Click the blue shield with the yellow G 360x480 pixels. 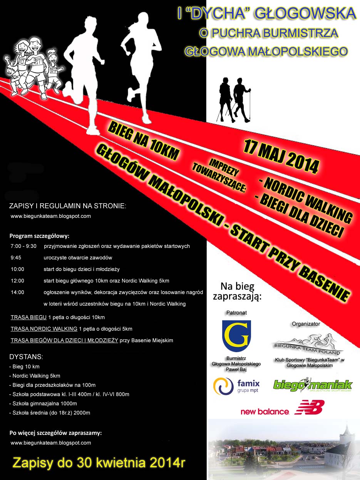tap(236, 336)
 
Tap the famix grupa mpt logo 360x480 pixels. tap(236, 386)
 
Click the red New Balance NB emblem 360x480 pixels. tap(309, 407)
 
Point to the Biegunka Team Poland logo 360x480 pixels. tap(307, 344)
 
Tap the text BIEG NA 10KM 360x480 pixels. tap(143, 141)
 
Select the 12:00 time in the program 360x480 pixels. tap(18, 281)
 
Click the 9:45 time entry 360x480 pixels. tap(17, 258)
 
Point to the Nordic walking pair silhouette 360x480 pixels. tap(234, 100)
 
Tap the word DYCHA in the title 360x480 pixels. tap(214, 13)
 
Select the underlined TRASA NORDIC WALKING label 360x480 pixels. tap(44, 329)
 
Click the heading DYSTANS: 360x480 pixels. tap(26, 356)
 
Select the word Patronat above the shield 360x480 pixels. tap(236, 313)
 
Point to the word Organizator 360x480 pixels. tap(306, 324)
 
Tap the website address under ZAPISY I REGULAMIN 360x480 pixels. tap(51, 216)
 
